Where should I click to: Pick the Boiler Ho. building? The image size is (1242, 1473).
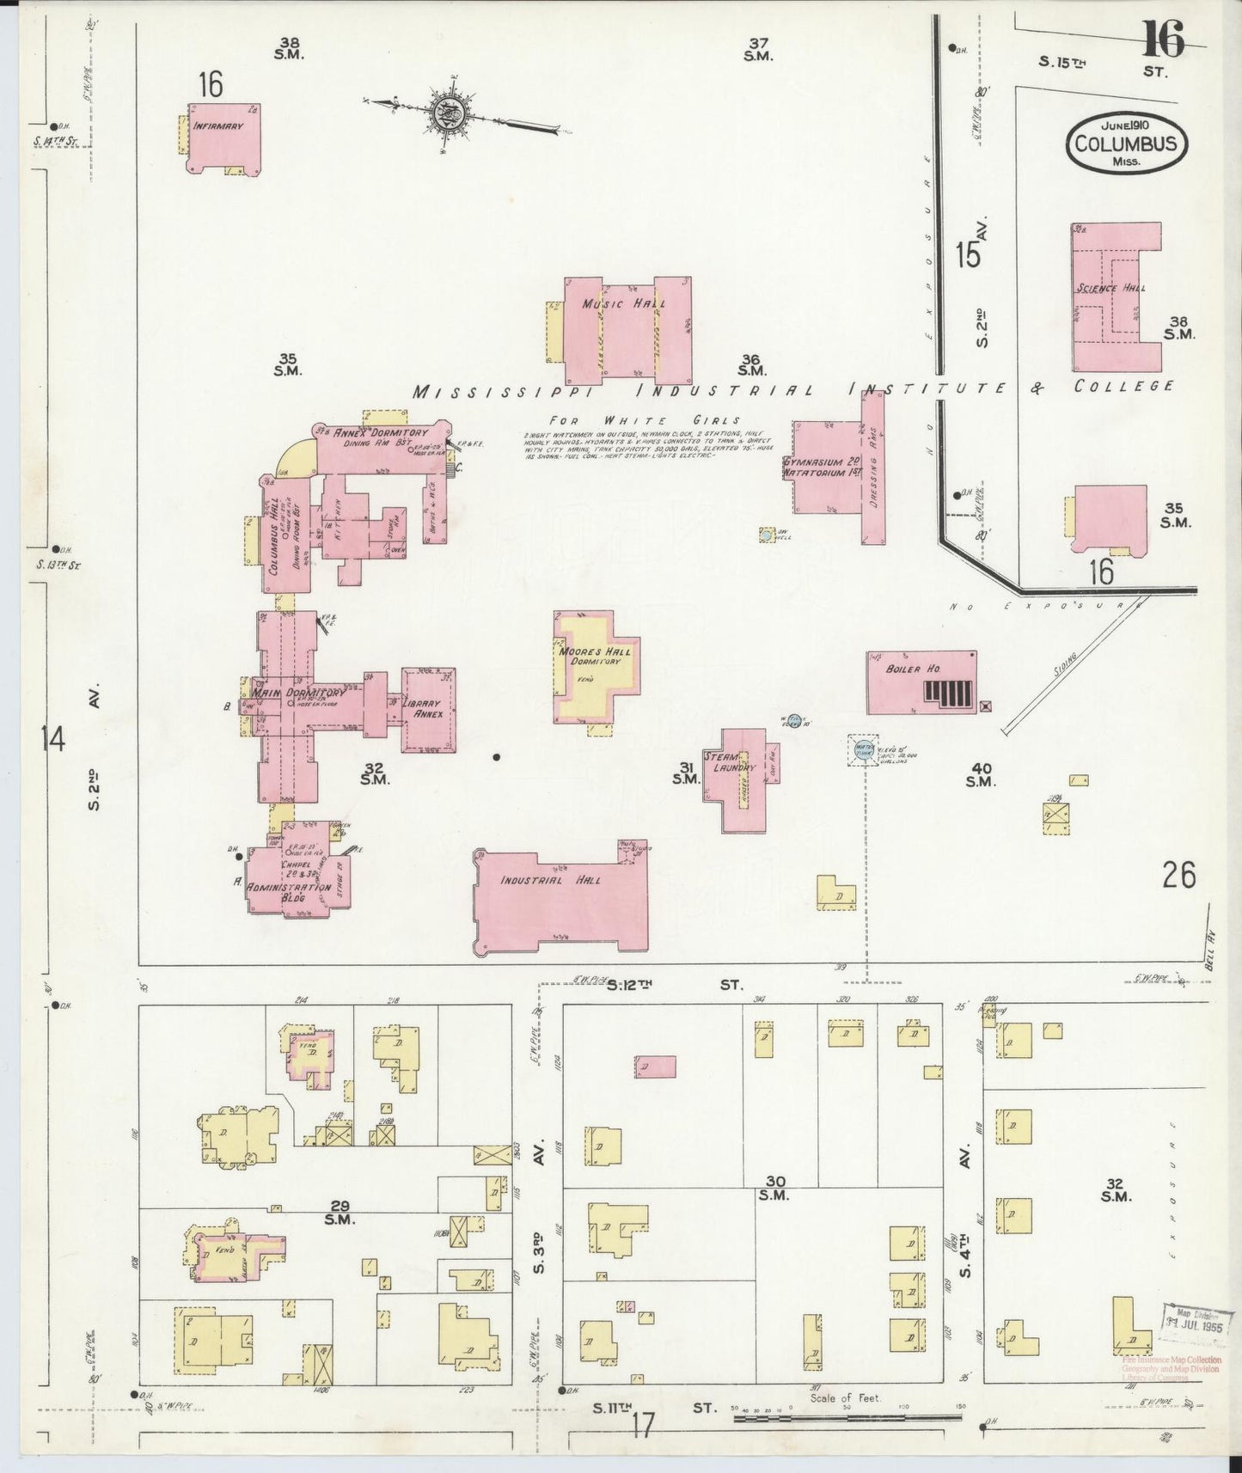(920, 682)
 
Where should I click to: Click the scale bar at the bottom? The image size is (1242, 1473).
(851, 1415)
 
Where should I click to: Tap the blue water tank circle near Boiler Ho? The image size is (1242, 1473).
(863, 748)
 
